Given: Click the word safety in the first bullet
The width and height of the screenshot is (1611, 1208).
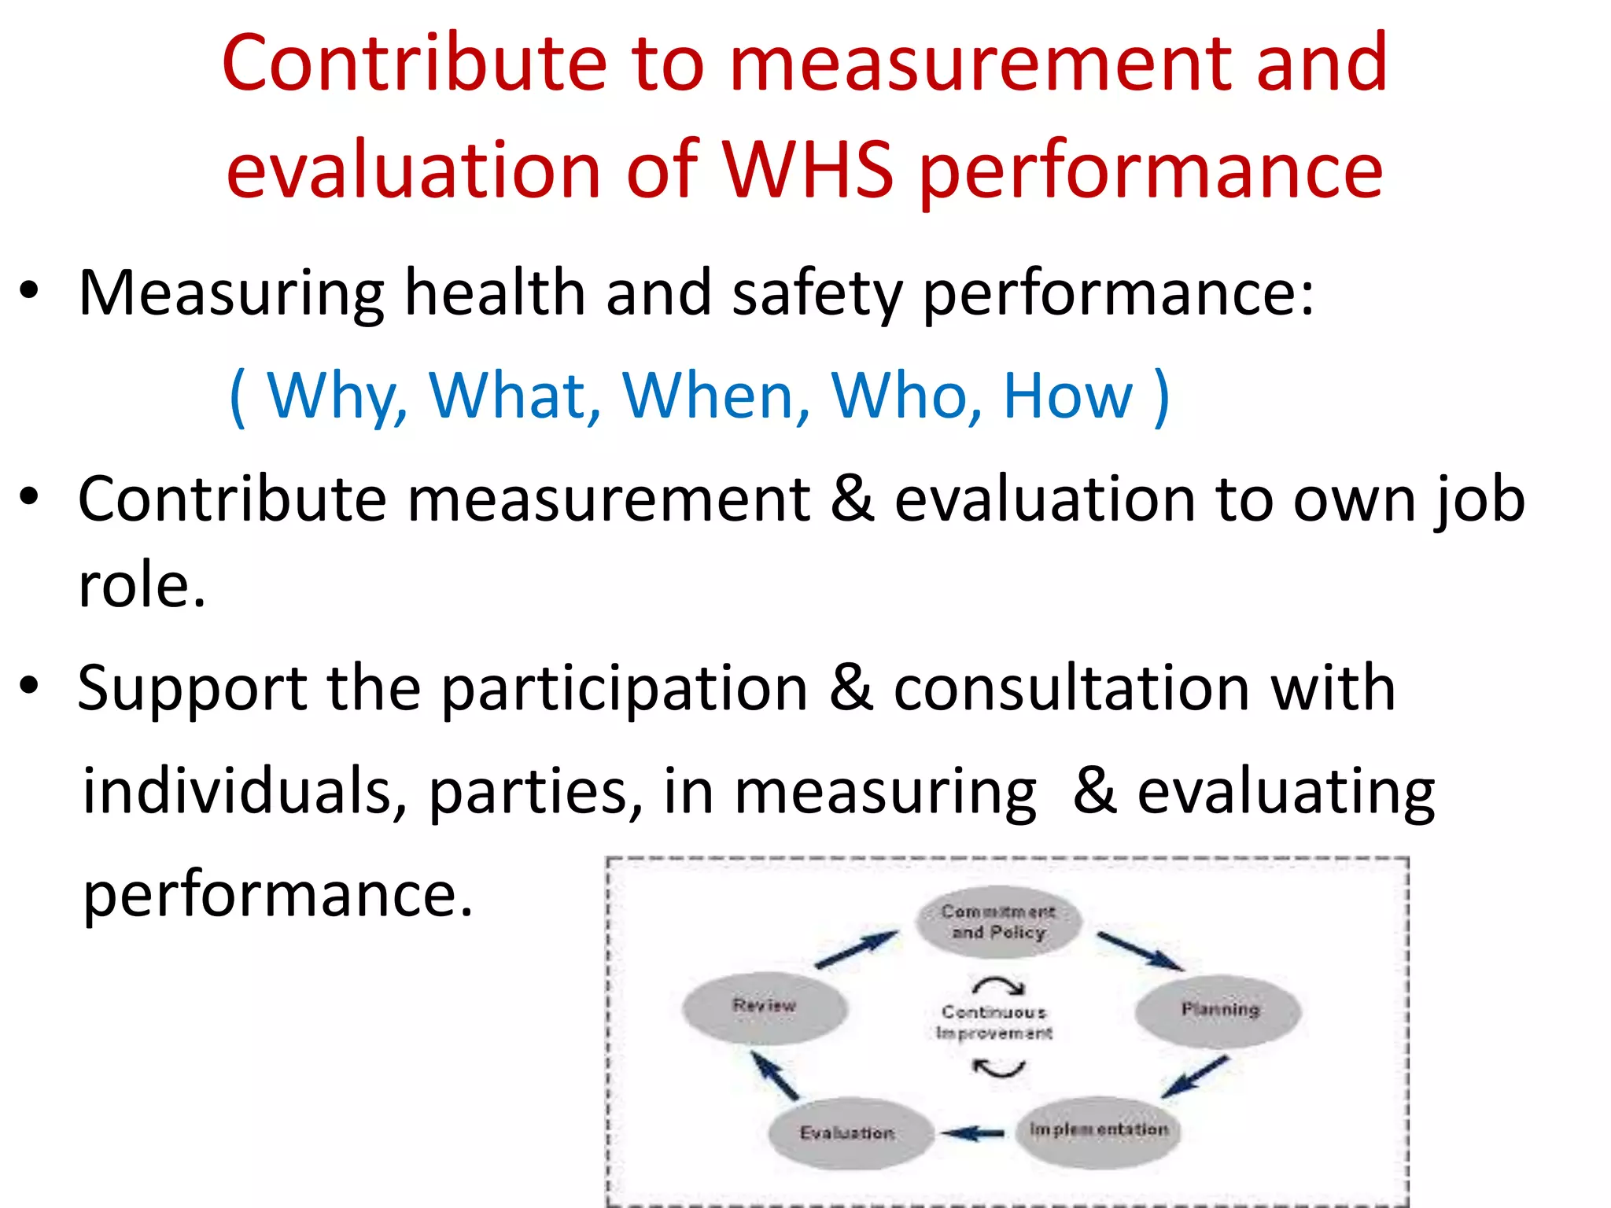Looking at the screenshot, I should (817, 293).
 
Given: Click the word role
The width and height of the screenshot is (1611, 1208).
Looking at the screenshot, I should (142, 586).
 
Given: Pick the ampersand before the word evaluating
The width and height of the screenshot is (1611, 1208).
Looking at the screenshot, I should (1095, 791).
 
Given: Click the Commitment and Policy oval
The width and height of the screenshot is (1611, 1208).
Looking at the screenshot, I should (998, 922).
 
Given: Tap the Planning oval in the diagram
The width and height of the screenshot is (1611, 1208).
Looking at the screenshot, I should (1219, 1010).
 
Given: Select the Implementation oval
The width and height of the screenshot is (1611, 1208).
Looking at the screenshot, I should (1098, 1130).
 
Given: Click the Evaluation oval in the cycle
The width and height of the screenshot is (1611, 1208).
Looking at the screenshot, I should (848, 1132).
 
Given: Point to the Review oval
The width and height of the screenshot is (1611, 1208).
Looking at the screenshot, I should (765, 1007).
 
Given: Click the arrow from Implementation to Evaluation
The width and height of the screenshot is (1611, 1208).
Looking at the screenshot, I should (972, 1133).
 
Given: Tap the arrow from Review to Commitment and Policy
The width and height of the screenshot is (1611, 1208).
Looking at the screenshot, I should (856, 949).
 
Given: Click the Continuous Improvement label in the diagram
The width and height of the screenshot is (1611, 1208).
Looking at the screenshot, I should (994, 1022).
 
